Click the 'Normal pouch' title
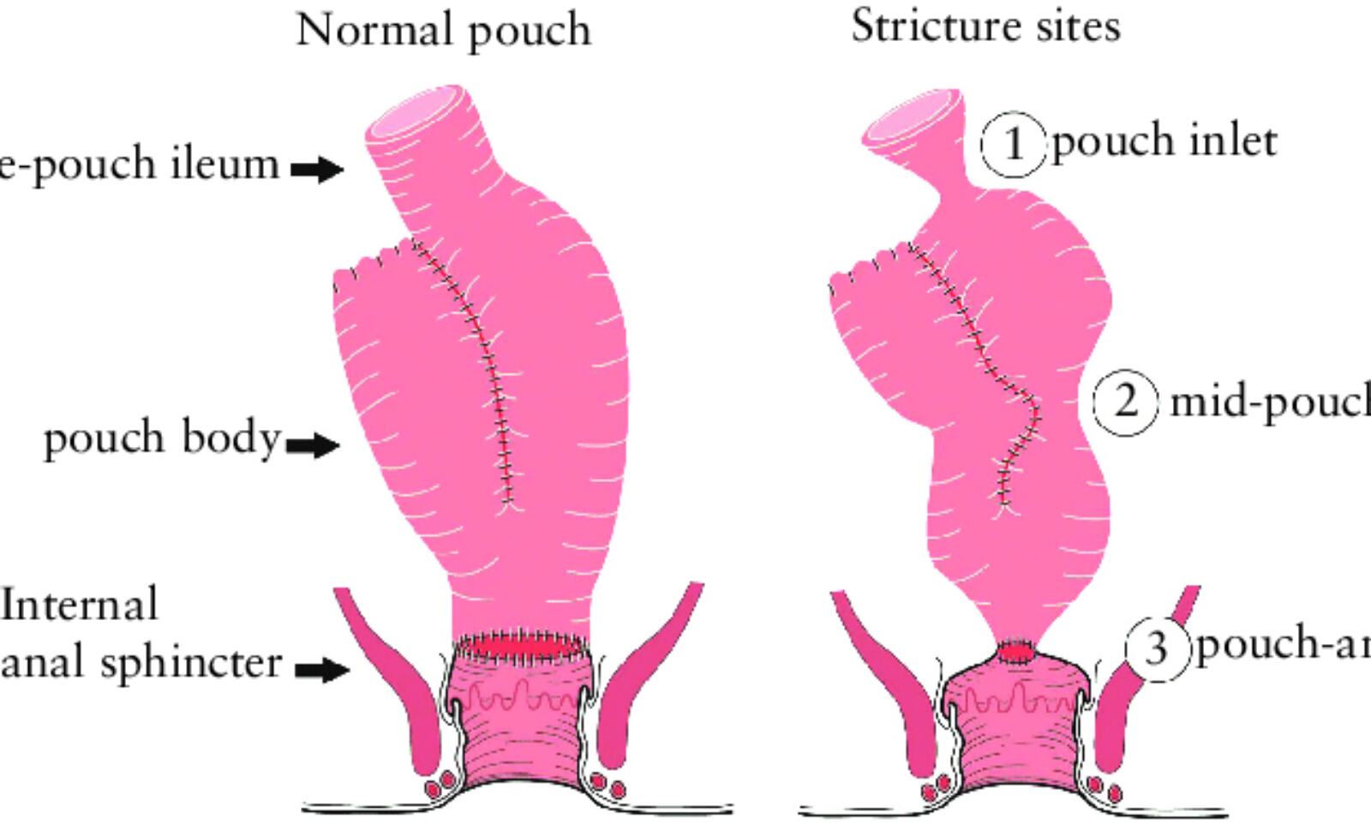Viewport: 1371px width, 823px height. (x=443, y=31)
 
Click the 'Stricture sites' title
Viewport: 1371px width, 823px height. (x=985, y=26)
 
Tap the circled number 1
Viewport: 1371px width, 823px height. (x=1014, y=143)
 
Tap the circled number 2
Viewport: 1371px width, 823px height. (x=1126, y=402)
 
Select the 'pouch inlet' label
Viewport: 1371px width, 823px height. (x=1164, y=141)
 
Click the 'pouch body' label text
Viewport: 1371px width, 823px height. (x=162, y=438)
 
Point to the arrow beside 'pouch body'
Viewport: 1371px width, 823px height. (x=312, y=445)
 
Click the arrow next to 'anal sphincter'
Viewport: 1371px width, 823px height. (x=322, y=669)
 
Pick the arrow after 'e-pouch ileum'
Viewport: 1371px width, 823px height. (x=317, y=169)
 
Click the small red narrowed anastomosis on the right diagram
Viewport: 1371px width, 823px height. (x=1017, y=652)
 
